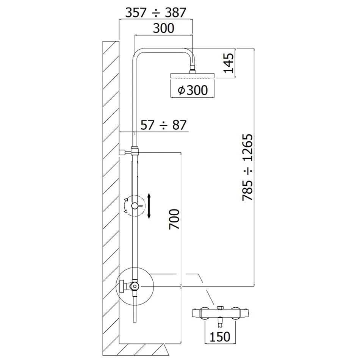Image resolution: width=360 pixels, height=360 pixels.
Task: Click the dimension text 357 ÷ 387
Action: coord(156,13)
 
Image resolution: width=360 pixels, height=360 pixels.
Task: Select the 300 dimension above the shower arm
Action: coord(164,28)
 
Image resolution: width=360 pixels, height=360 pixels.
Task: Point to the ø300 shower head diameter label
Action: coord(193,90)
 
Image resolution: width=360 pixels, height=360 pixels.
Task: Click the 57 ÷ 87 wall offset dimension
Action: coord(164,125)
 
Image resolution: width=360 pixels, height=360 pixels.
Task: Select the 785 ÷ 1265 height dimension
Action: coord(247,167)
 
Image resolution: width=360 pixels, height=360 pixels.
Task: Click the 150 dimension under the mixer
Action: coord(220,336)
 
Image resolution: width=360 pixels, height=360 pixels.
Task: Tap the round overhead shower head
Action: coord(193,75)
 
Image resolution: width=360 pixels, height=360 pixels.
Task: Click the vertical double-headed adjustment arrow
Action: coord(150,205)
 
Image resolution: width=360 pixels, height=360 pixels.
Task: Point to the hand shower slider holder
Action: coord(135,206)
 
